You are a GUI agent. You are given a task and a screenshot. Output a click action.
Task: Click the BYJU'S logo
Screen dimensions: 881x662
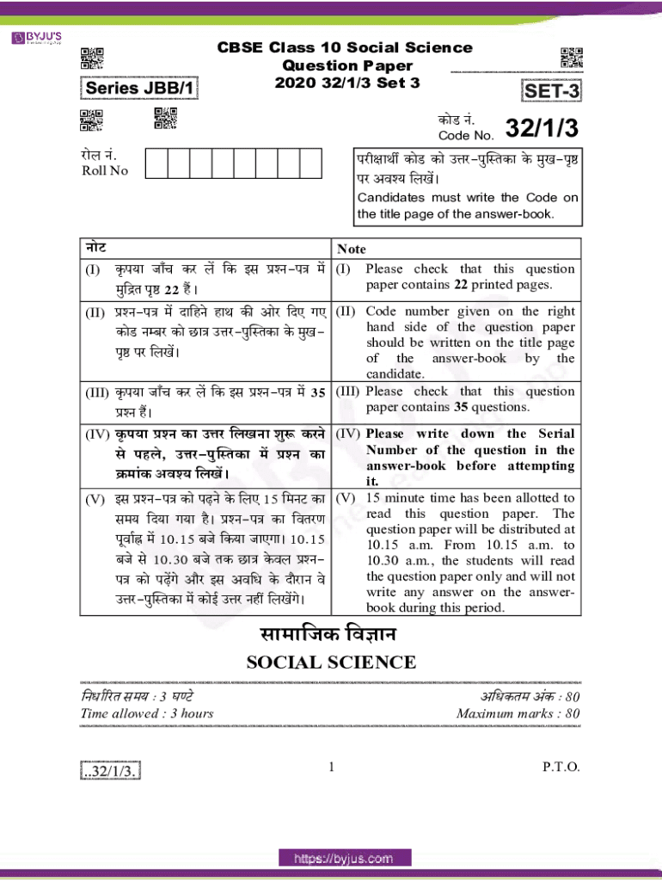pyautogui.click(x=36, y=38)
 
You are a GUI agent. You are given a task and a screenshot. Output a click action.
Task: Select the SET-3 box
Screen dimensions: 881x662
pyautogui.click(x=551, y=90)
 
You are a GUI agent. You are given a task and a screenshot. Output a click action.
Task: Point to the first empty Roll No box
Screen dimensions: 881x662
pyautogui.click(x=156, y=163)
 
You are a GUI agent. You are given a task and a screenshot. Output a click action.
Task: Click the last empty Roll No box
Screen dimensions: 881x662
pyautogui.click(x=310, y=163)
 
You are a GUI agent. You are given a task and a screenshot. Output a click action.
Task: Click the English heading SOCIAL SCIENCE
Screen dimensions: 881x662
pyautogui.click(x=331, y=662)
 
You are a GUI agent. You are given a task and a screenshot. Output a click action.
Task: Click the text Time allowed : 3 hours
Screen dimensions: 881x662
pyautogui.click(x=147, y=713)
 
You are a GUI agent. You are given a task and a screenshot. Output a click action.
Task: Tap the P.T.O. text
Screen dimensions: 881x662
pyautogui.click(x=561, y=767)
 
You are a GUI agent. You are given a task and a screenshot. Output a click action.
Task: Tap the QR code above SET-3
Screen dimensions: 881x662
pyautogui.click(x=572, y=58)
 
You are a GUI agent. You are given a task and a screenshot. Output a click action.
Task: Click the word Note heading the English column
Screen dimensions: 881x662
pyautogui.click(x=352, y=249)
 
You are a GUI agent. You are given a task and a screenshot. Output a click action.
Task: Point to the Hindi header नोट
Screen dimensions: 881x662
pyautogui.click(x=95, y=248)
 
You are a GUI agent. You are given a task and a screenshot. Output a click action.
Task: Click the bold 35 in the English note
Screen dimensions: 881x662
pyautogui.click(x=461, y=407)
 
